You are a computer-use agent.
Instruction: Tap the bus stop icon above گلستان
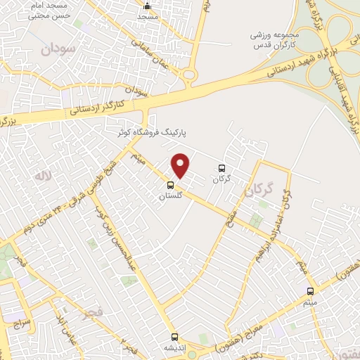pos(170,186)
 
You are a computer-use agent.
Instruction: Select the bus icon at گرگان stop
pos(222,168)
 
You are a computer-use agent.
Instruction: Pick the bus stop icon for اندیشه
pos(175,337)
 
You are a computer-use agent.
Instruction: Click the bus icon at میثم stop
pos(311,290)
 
